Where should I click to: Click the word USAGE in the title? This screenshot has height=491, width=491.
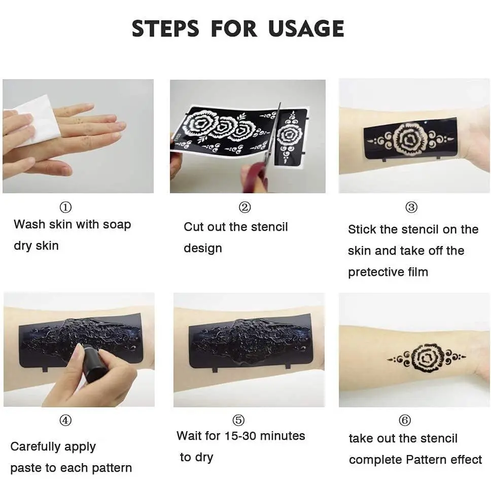[x=306, y=28]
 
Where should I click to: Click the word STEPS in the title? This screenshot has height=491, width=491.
[x=165, y=28]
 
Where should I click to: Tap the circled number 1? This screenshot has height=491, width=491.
[x=65, y=207]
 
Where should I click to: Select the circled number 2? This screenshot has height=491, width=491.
[x=245, y=207]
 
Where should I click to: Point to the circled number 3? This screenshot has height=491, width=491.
[x=411, y=207]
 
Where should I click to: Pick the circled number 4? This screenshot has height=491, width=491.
[x=65, y=420]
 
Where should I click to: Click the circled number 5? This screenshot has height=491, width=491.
[x=238, y=420]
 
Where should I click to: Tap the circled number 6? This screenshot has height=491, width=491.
[x=405, y=420]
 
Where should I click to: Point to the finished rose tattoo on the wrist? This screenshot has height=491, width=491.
[x=426, y=357]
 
